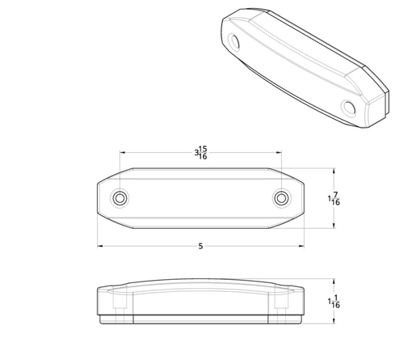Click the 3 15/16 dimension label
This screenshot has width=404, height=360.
pyautogui.click(x=200, y=153)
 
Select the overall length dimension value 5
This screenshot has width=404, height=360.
pyautogui.click(x=200, y=246)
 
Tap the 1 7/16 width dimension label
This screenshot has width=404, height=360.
pyautogui.click(x=334, y=198)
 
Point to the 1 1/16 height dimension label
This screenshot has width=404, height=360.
pyautogui.click(x=334, y=302)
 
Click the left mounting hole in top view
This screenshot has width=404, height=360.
pyautogui.click(x=120, y=198)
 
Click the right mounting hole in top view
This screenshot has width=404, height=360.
pyautogui.click(x=281, y=198)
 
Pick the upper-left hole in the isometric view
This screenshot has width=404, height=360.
pyautogui.click(x=234, y=41)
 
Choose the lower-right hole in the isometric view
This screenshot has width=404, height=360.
pyautogui.click(x=349, y=108)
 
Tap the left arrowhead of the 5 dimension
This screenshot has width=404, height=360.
pyautogui.click(x=100, y=246)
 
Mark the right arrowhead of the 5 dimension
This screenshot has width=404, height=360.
pyautogui.click(x=301, y=246)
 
